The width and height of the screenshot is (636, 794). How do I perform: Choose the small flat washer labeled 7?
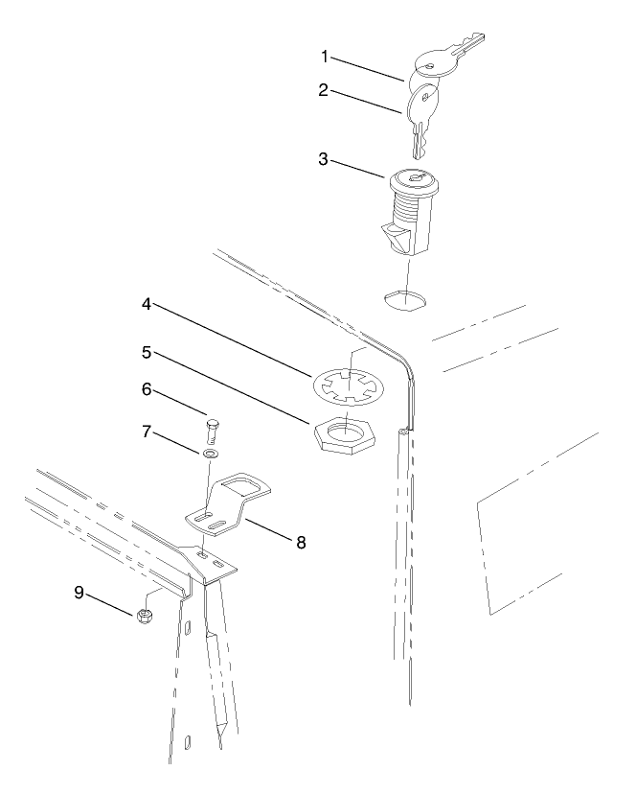click(x=210, y=451)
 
